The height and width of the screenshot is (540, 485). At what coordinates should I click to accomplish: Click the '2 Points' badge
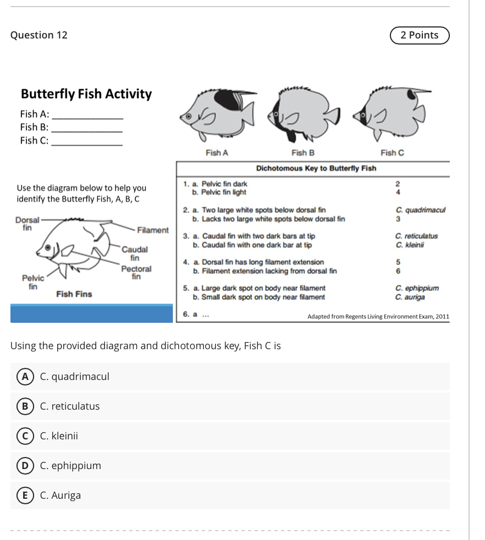[420, 35]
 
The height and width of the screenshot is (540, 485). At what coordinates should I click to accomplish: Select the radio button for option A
[24, 377]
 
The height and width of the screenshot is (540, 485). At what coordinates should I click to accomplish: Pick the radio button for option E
[24, 495]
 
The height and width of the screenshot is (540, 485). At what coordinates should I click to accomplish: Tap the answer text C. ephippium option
[70, 466]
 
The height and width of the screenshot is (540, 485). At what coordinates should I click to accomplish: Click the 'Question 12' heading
[39, 35]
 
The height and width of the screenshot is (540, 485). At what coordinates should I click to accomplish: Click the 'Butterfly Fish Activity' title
[86, 94]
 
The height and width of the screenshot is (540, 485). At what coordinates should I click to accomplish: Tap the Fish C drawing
[388, 113]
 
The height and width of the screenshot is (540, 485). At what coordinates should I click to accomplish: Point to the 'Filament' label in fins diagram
[152, 229]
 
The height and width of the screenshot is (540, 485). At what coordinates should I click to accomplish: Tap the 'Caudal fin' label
[134, 254]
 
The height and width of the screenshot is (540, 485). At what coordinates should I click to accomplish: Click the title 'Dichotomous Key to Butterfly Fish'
[316, 168]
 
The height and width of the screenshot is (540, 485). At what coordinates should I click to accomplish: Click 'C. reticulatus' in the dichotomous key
[416, 236]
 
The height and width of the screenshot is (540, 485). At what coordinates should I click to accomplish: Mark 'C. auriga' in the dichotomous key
[410, 297]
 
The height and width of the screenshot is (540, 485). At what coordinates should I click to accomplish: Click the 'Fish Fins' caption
[74, 294]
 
